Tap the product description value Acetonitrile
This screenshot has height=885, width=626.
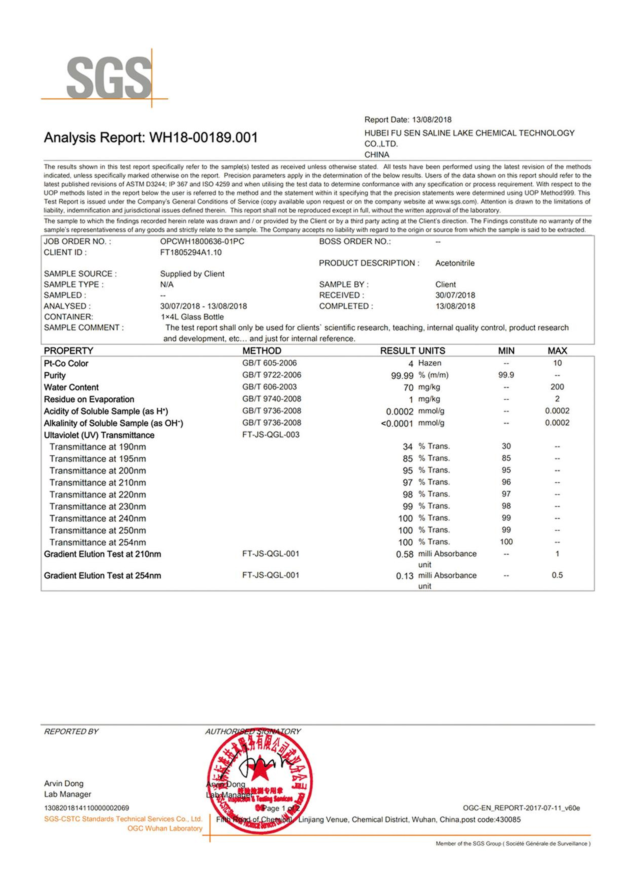(x=455, y=263)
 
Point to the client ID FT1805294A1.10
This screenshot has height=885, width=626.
(x=191, y=253)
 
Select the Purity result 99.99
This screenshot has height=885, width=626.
(x=402, y=375)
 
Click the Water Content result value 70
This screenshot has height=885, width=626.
(x=408, y=388)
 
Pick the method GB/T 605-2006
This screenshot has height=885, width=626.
(x=269, y=363)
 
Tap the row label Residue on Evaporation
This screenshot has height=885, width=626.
(x=89, y=399)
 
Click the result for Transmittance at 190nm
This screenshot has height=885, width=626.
(x=407, y=447)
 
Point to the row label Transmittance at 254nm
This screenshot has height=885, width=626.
(x=98, y=542)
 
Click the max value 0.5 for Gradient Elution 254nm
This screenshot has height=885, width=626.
(x=557, y=575)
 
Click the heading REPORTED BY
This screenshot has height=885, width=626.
(x=71, y=732)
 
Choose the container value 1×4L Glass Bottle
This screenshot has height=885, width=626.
(x=192, y=317)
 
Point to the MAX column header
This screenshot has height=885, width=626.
(x=557, y=351)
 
